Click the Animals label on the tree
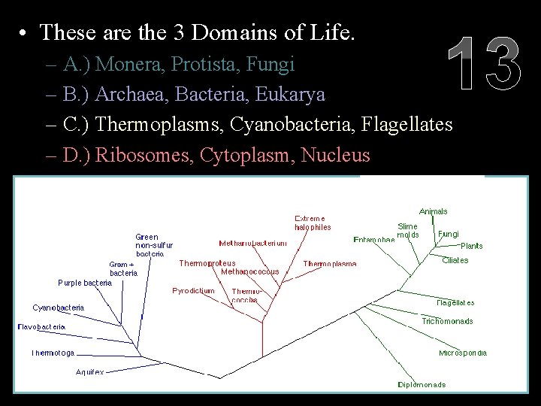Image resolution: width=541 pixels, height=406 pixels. coord(433,211)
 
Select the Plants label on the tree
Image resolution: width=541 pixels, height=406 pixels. coord(471,246)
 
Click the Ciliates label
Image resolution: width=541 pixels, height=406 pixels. coord(455,260)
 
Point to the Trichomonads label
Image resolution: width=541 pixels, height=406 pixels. coord(447,321)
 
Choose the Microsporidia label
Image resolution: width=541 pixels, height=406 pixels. coord(463,353)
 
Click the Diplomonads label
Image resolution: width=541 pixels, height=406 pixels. coord(422,385)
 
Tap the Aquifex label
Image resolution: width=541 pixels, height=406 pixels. coord(90,372)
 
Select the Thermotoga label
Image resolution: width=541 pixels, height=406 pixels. coord(53,353)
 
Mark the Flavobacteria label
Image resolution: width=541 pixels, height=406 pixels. coord(41,327)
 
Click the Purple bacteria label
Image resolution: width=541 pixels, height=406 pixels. coord(85,283)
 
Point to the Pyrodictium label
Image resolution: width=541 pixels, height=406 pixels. coord(193,290)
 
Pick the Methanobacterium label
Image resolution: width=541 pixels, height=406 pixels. coord(252,244)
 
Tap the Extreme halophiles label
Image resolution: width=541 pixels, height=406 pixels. coord(312,223)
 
